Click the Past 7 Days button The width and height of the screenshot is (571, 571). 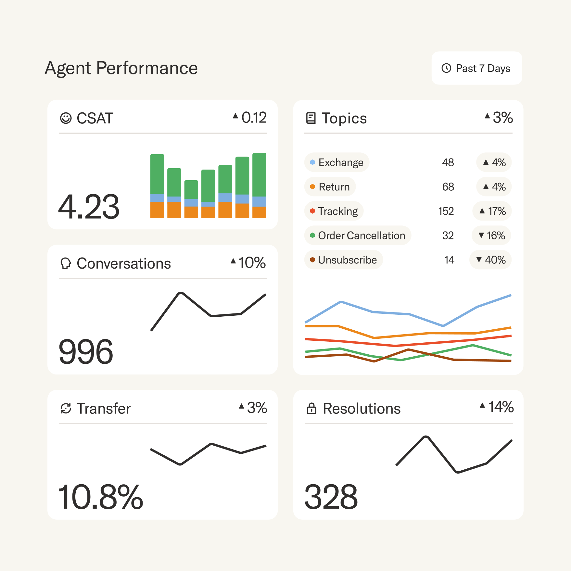click(x=476, y=68)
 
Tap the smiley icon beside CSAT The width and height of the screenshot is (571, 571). click(x=66, y=118)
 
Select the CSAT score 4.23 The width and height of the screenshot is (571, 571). click(x=89, y=207)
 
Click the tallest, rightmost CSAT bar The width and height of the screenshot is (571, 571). click(x=259, y=185)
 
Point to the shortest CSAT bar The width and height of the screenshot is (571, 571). click(x=191, y=199)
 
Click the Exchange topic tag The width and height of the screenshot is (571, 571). click(x=337, y=162)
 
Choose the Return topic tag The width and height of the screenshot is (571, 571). click(x=330, y=187)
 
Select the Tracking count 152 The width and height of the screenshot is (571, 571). click(x=446, y=211)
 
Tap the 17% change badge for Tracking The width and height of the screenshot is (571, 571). click(x=492, y=211)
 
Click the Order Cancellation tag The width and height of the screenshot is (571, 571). click(x=358, y=235)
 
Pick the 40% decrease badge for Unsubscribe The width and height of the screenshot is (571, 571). click(x=490, y=260)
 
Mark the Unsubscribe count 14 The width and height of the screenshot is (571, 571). click(x=449, y=260)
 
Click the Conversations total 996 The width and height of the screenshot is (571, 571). click(x=86, y=352)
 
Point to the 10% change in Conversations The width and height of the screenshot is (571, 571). click(x=248, y=262)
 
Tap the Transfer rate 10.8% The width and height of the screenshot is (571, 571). click(x=101, y=497)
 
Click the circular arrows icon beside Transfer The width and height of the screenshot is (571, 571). click(x=66, y=409)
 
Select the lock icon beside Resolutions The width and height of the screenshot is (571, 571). click(x=311, y=409)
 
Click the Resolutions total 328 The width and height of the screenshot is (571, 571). click(x=331, y=497)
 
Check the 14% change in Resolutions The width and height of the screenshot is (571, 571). click(x=497, y=407)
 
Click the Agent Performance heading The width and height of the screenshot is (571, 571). click(x=121, y=68)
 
